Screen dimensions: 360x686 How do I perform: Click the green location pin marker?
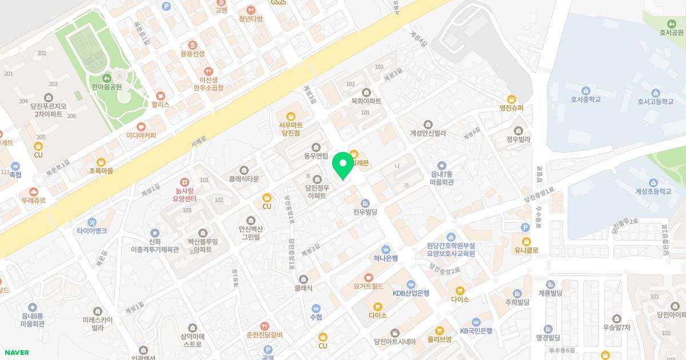point(342,165)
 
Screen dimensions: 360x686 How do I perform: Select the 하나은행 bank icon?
point(386,249)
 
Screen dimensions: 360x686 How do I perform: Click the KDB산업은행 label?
point(410,293)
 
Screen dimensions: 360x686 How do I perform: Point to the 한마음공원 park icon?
point(106,78)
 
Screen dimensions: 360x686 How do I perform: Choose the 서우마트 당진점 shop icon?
point(290,115)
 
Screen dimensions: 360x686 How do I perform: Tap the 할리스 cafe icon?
point(161,95)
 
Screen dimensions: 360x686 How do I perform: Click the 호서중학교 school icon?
point(585,90)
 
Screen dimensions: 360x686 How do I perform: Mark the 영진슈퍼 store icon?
point(512,98)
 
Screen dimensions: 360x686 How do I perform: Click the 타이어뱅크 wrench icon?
point(92,222)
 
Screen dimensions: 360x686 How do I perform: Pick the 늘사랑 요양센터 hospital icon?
point(184,182)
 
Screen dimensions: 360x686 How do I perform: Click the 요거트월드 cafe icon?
point(369,277)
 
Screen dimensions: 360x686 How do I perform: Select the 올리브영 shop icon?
point(439,330)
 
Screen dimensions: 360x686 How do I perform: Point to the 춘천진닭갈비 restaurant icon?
point(264,325)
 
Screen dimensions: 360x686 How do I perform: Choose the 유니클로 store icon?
point(527,241)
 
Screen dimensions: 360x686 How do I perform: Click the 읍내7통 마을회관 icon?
point(441,165)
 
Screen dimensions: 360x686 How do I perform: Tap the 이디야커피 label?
point(141,135)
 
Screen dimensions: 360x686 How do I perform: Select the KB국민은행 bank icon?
point(476,322)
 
